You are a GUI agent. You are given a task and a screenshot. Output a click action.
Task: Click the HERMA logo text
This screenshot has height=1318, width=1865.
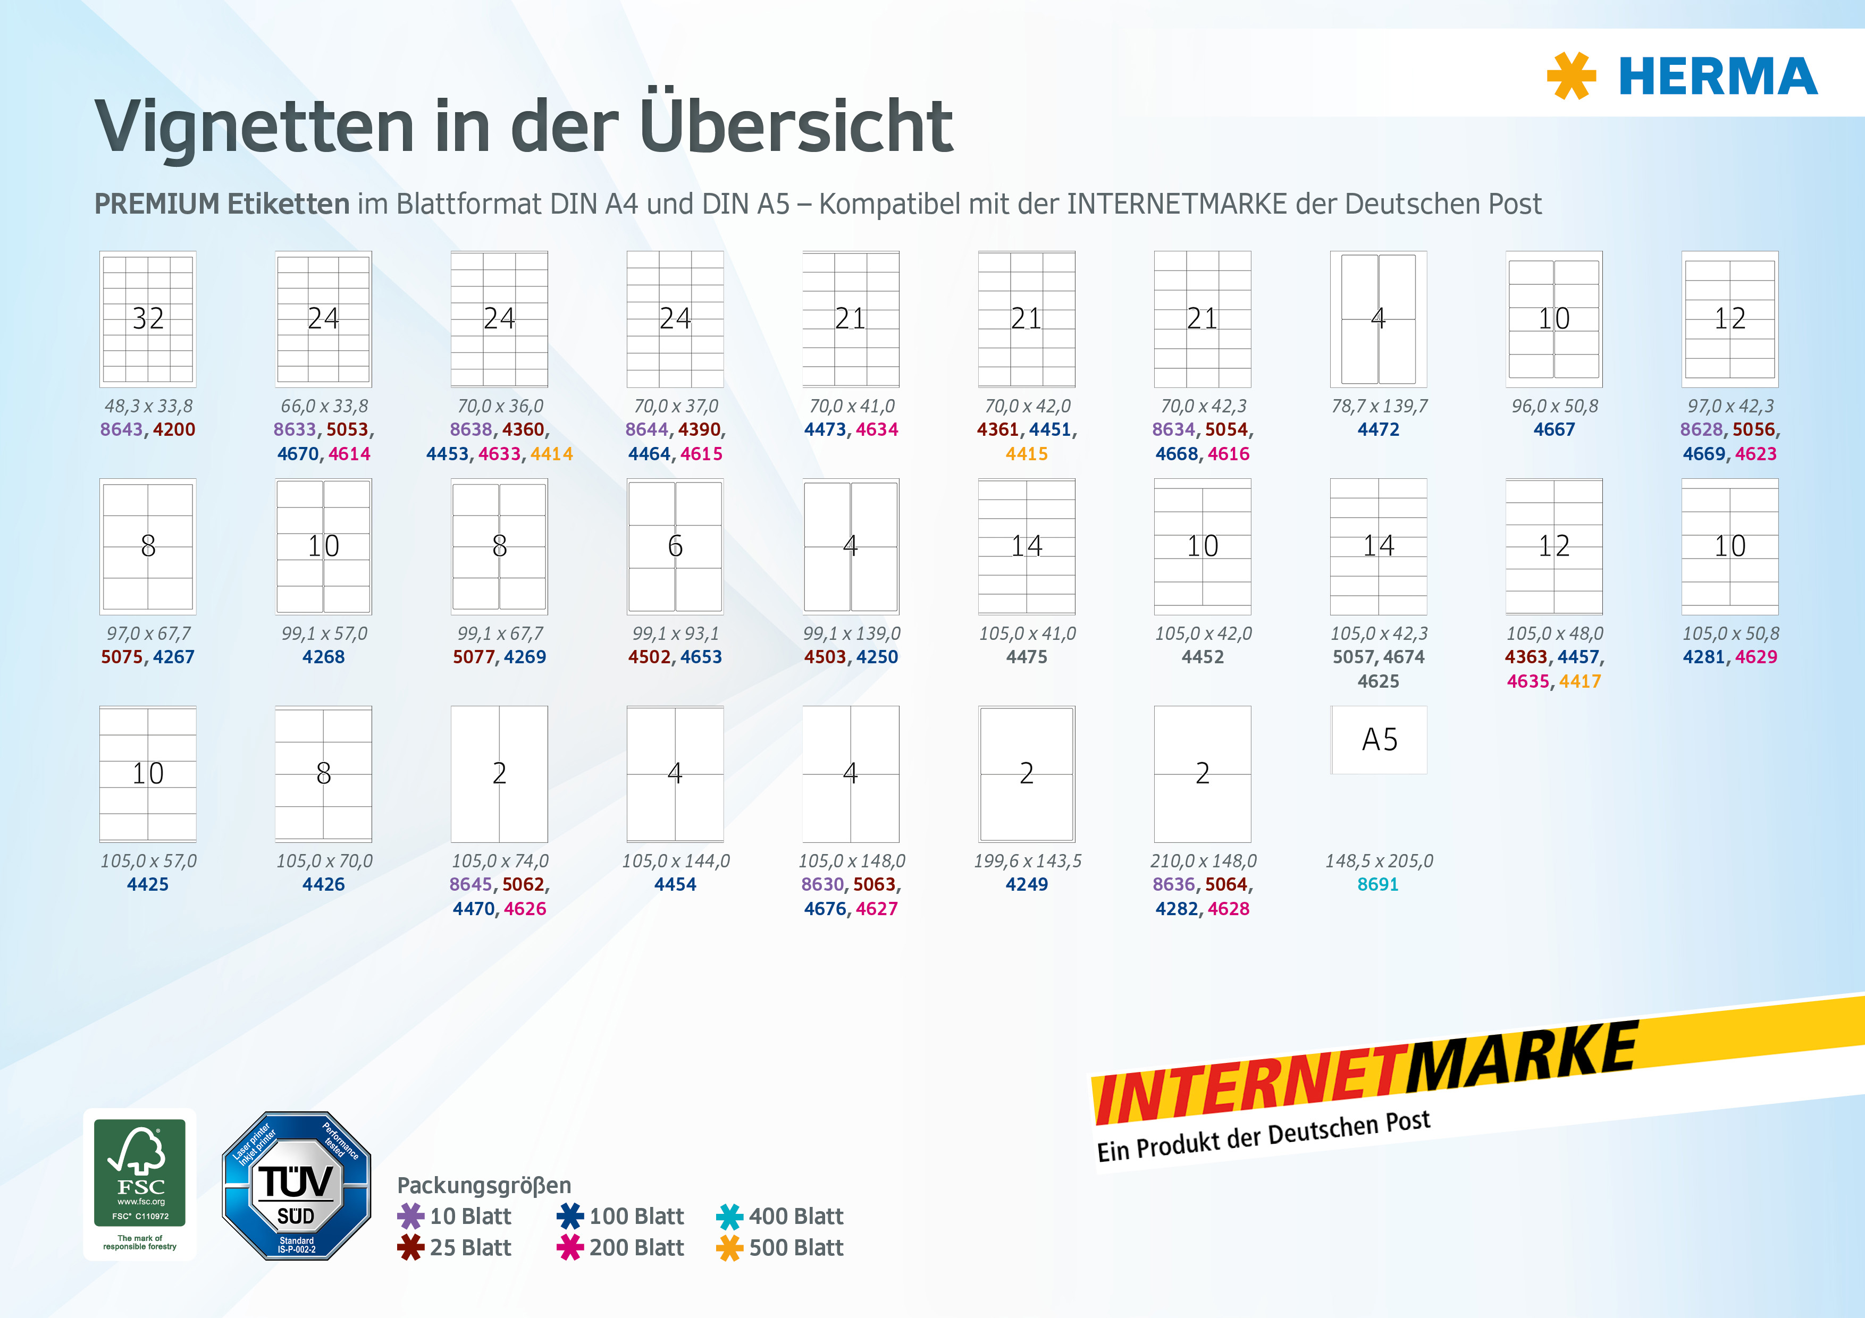tap(1718, 77)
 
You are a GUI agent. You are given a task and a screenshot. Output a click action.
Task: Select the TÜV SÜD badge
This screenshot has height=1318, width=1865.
tap(297, 1186)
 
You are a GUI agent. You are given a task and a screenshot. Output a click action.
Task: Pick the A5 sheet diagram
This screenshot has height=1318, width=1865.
tap(1379, 740)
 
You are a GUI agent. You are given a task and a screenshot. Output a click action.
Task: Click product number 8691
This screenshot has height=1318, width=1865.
tap(1379, 884)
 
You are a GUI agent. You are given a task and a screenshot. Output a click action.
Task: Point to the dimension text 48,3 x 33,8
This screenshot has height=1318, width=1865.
tap(148, 406)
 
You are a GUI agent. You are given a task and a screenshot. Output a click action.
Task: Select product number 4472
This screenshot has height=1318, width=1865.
tap(1379, 429)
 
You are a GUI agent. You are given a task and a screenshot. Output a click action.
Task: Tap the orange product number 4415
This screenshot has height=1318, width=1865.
tap(1027, 454)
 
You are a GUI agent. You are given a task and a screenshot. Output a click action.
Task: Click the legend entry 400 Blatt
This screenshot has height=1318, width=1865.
tap(780, 1216)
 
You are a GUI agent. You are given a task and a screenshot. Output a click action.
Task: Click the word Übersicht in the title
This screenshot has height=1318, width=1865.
tap(796, 126)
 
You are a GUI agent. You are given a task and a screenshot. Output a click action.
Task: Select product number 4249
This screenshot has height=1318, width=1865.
tap(1027, 884)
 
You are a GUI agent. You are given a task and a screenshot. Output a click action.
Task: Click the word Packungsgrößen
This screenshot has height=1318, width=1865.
tap(484, 1186)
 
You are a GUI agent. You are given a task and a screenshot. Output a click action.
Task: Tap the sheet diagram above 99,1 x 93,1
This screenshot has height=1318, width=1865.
tap(675, 546)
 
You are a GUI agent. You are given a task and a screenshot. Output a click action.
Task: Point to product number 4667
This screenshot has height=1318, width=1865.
tap(1554, 429)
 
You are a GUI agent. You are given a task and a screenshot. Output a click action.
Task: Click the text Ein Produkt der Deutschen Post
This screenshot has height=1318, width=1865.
tap(1264, 1137)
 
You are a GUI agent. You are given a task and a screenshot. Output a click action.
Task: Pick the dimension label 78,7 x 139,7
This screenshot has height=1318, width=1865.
tap(1379, 406)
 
